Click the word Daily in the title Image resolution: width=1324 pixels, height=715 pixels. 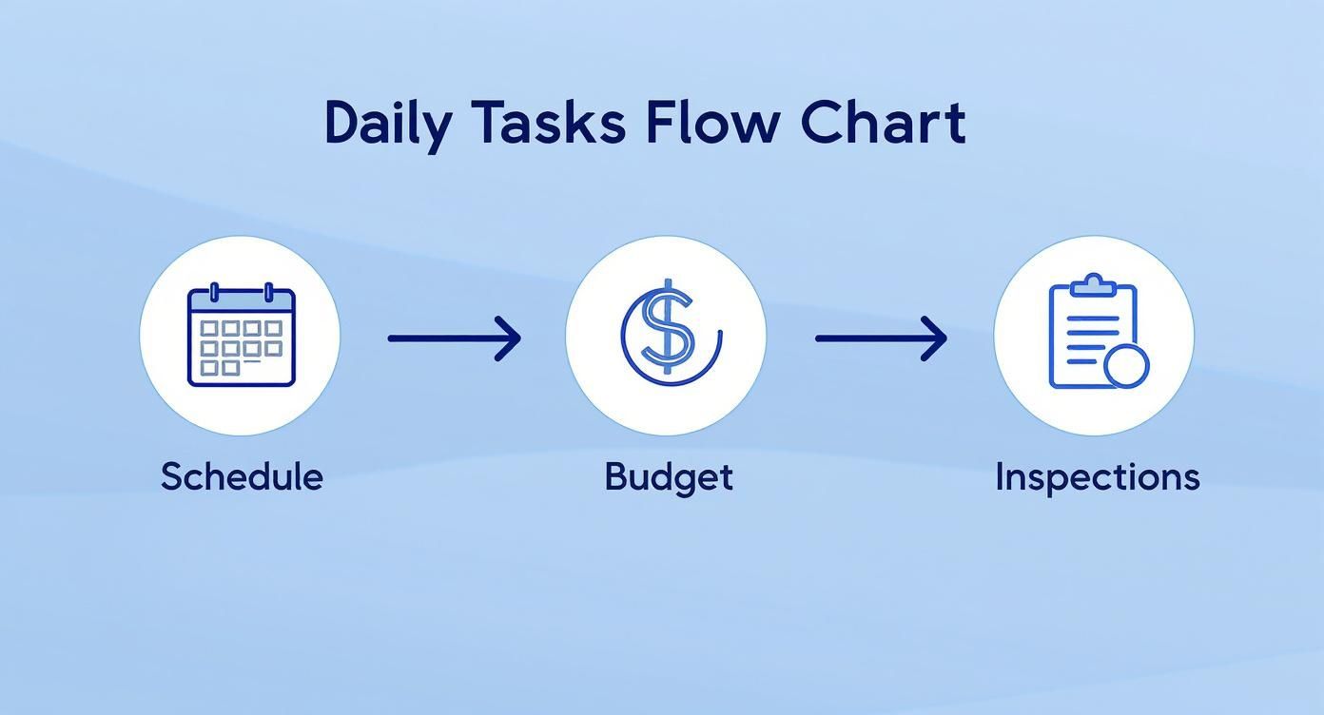(389, 126)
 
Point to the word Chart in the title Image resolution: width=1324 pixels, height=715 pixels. (883, 123)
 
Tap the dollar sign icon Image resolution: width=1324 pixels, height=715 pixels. (668, 332)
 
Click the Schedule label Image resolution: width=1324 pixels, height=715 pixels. (242, 476)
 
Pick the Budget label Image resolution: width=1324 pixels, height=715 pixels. (669, 477)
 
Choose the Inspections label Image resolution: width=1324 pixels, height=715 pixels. (1098, 477)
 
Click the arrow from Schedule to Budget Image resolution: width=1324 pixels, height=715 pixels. (455, 338)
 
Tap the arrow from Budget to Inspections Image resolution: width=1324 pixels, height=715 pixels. (882, 338)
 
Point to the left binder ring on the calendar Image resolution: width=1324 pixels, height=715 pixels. (215, 292)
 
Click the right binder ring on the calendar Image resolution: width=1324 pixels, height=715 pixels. (268, 292)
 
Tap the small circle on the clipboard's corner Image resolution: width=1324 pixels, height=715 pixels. (1126, 366)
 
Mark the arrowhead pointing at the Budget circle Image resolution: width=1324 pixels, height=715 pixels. (509, 338)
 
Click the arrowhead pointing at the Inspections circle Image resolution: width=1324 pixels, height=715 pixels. (935, 338)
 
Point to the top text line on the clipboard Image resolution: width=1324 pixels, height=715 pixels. (1093, 319)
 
